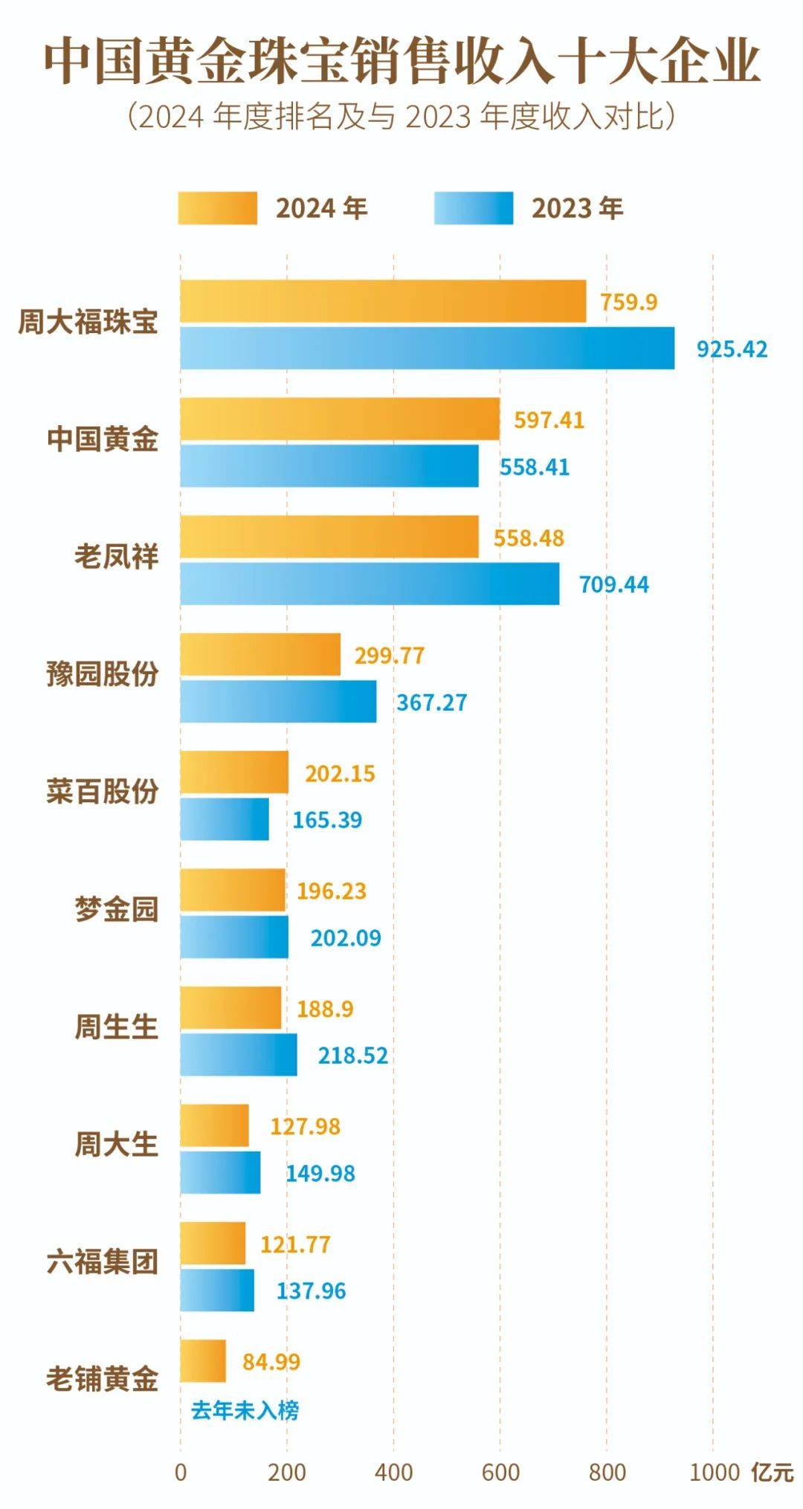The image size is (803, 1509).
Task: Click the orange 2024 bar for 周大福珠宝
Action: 383,302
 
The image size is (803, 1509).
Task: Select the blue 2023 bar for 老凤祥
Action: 370,584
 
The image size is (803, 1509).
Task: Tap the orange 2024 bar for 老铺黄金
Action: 203,1361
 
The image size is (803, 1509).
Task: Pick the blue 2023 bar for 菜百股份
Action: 225,819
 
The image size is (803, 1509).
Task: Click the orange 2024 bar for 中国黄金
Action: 340,419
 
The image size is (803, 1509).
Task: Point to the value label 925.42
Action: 732,349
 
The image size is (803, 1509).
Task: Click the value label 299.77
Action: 389,656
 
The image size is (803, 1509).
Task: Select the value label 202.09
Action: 346,937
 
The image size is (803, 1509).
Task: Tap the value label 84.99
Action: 271,1362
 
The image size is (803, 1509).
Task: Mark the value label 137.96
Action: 311,1290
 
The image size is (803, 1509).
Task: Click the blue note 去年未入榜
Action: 245,1410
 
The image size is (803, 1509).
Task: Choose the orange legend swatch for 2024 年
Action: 217,208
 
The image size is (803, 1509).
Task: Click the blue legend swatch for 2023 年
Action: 474,208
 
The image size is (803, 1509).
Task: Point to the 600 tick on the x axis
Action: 500,1473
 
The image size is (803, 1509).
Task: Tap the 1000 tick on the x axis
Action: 714,1473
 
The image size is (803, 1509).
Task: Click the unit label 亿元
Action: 773,1473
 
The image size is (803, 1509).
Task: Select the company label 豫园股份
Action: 103,675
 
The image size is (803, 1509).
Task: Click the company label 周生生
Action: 117,1027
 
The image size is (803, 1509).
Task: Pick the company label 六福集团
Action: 103,1262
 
